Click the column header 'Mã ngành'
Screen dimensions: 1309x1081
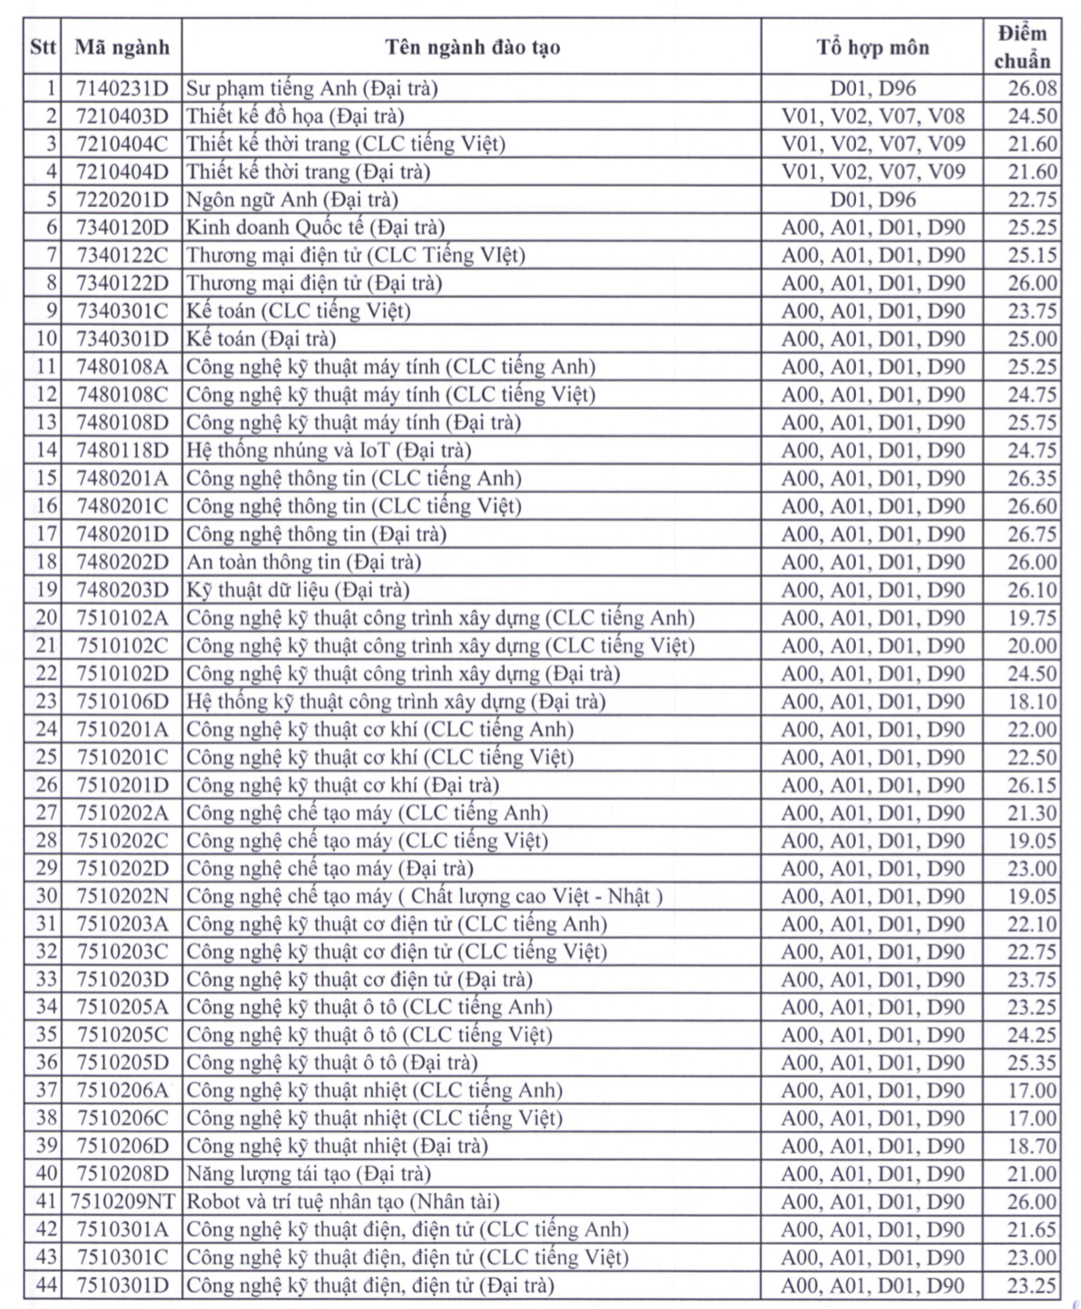coord(122,47)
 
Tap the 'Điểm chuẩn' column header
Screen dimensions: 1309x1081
coord(1022,47)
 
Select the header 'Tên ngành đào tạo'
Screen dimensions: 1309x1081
coord(472,47)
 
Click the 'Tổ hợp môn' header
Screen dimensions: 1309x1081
coord(872,47)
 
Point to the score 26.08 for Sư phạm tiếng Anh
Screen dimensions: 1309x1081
coord(1032,88)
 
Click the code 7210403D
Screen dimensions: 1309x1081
coord(123,116)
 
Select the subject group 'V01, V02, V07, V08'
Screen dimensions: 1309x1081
coord(873,116)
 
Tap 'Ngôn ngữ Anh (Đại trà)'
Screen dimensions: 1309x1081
coord(292,200)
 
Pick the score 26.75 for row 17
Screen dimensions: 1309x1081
coord(1032,534)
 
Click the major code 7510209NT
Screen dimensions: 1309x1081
coord(123,1202)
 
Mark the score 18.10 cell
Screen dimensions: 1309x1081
coord(1032,701)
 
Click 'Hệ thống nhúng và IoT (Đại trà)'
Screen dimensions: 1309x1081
coord(329,450)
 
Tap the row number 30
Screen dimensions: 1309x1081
coord(46,896)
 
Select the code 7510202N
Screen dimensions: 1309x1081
coord(123,896)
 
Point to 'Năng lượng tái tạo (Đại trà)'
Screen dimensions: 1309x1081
coord(309,1174)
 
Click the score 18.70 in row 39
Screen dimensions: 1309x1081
coord(1032,1146)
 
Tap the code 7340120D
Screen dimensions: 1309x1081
coord(123,228)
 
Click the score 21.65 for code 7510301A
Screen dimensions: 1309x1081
coord(1032,1230)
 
